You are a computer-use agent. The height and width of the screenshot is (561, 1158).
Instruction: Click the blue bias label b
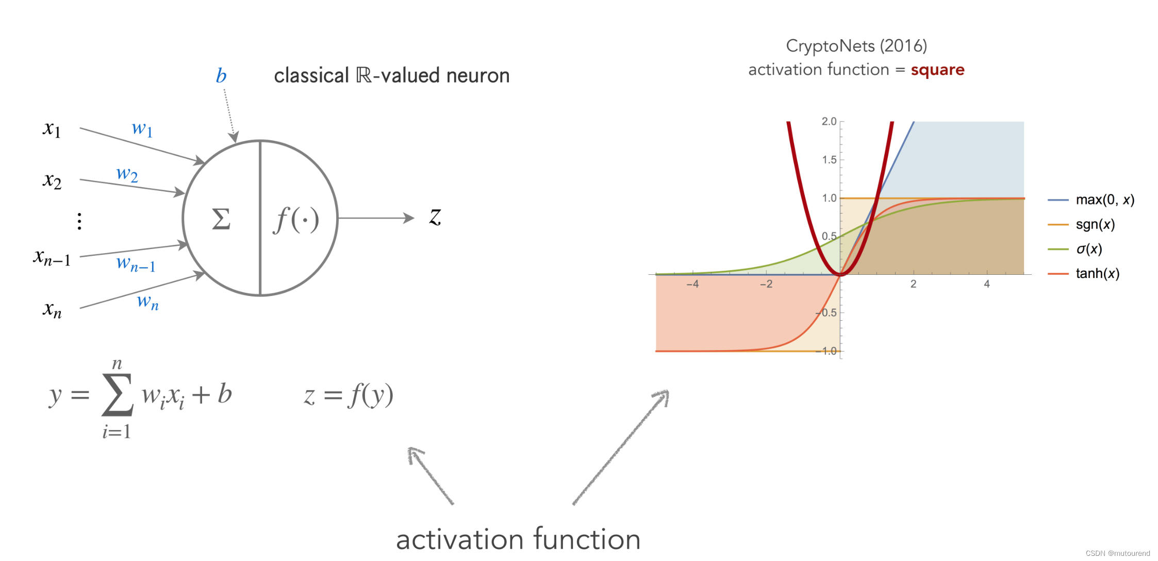(x=221, y=76)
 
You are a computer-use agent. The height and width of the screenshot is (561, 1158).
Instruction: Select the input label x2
(x=52, y=180)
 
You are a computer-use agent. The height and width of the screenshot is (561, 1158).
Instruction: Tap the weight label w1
(x=142, y=128)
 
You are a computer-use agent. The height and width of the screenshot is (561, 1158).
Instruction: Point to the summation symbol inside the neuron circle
(x=221, y=219)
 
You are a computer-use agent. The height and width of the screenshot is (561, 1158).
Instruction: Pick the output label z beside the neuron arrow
(x=435, y=217)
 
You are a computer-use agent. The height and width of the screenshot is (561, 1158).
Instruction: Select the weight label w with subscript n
(x=147, y=302)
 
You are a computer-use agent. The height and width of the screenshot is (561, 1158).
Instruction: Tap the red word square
(x=937, y=70)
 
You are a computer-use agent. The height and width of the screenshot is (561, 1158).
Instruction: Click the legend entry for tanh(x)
(x=1097, y=273)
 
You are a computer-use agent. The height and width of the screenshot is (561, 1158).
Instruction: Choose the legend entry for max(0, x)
(x=1104, y=200)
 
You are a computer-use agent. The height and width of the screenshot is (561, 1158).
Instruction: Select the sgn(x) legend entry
(x=1095, y=224)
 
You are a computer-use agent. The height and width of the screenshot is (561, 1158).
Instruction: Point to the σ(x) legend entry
(x=1089, y=249)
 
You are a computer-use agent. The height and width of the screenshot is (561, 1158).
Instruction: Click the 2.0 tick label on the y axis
(x=829, y=121)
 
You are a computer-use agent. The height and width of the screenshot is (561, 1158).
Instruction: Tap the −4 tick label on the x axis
(x=692, y=284)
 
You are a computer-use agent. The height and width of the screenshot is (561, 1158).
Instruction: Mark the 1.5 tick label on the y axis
(x=829, y=160)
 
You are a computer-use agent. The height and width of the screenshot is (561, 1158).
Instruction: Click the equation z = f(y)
(x=349, y=395)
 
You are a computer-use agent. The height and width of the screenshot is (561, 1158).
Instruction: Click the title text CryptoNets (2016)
(x=856, y=46)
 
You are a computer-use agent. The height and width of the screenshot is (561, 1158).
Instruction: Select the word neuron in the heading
(x=477, y=76)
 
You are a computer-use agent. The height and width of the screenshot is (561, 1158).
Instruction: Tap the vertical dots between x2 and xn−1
(x=79, y=221)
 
